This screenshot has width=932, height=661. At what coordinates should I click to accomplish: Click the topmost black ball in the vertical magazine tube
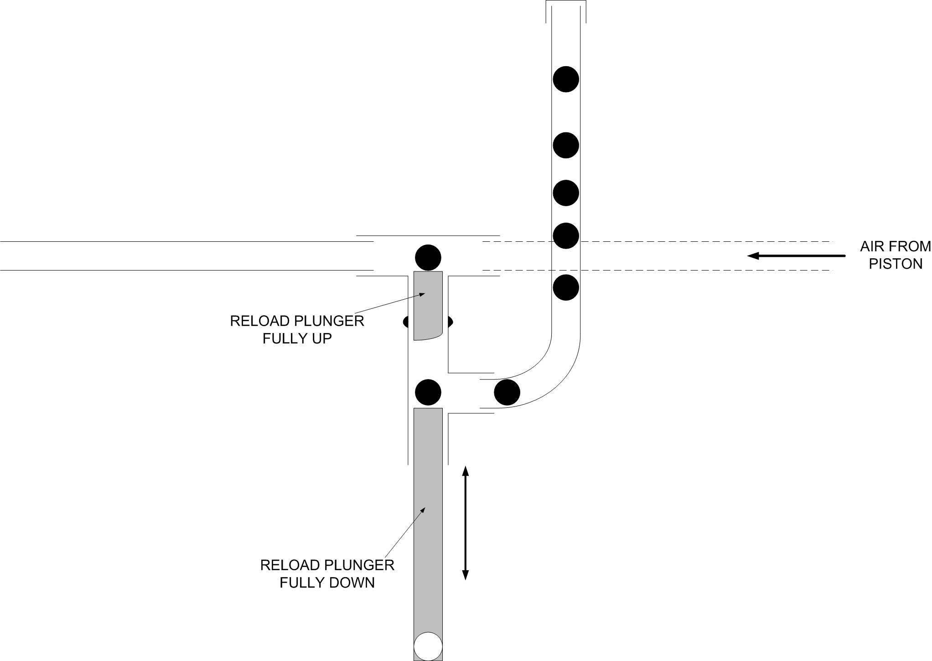tap(566, 79)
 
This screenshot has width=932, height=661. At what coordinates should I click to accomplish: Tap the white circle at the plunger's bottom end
tap(428, 646)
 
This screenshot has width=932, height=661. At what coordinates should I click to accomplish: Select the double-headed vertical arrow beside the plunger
tap(465, 523)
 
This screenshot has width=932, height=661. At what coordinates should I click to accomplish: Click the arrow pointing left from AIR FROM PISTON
tap(796, 256)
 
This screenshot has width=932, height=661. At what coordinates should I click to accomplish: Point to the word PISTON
tap(896, 264)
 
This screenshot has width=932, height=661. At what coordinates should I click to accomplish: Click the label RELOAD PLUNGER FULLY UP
tap(297, 329)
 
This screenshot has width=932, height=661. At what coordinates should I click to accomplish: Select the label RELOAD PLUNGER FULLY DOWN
tap(327, 573)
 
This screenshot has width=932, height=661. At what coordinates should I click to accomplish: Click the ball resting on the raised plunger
tap(428, 258)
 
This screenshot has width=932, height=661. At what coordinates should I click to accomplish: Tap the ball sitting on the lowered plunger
tap(428, 392)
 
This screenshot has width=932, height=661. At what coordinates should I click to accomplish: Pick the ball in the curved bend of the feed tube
tap(507, 392)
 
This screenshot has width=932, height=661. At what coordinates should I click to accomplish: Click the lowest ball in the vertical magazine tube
tap(566, 287)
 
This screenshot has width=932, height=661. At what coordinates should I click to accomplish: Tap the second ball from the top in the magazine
tap(566, 146)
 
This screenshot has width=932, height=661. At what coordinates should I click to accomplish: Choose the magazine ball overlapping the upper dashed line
tap(566, 236)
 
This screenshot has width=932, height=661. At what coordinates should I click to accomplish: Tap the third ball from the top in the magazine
tap(566, 193)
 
